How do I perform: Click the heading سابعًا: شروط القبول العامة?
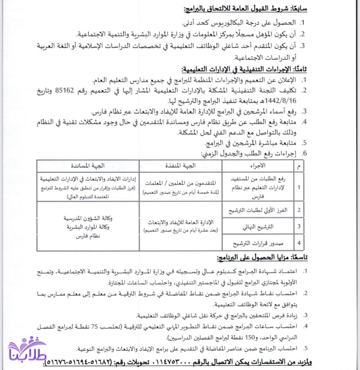245,9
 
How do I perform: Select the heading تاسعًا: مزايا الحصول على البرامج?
262,258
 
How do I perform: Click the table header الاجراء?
258,166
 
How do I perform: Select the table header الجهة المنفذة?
180,166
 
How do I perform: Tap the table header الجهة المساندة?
88,166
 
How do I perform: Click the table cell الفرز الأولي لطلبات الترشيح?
258,210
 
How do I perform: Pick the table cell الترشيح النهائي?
258,226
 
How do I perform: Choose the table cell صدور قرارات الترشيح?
258,243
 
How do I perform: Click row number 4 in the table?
299,243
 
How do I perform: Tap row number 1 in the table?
299,187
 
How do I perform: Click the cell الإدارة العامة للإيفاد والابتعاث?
180,222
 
